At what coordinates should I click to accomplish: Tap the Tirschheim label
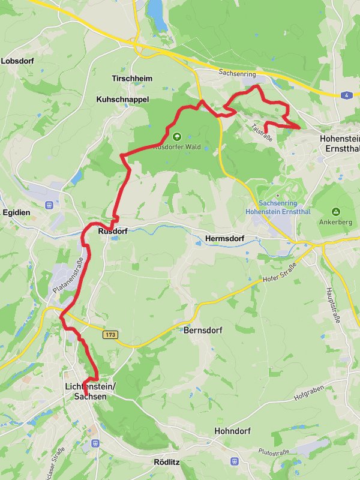point(132,79)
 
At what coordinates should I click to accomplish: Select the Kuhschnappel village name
point(122,99)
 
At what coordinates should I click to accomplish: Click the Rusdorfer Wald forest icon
point(176,137)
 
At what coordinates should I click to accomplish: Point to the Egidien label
point(16,212)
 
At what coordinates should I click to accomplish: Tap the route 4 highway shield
point(346,95)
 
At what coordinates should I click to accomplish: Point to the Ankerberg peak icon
point(335,212)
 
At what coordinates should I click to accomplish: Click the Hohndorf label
point(233,431)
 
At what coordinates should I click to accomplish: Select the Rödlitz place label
point(167,462)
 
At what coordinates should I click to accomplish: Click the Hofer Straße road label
point(280,272)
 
